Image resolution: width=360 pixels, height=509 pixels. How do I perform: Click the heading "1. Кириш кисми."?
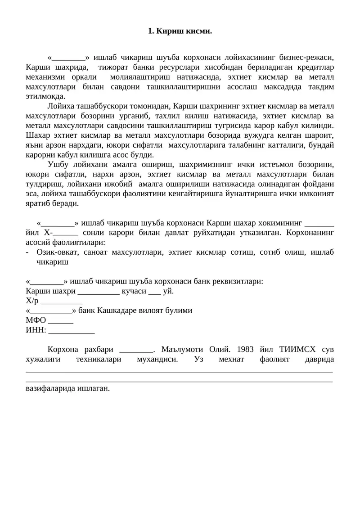180,32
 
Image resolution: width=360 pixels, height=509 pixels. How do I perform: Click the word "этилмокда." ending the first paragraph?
45,96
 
